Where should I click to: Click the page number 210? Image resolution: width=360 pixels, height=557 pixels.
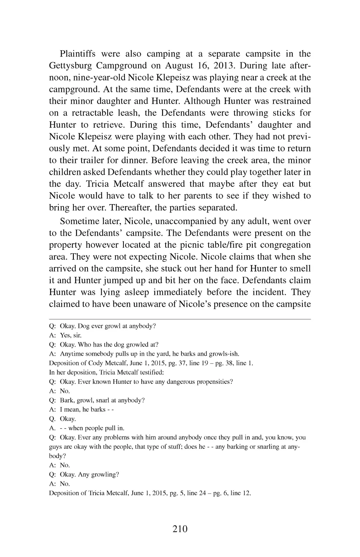tap(180, 529)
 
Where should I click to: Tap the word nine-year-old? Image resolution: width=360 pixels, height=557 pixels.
tap(90, 77)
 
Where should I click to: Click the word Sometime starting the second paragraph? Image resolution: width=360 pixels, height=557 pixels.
tap(79, 221)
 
